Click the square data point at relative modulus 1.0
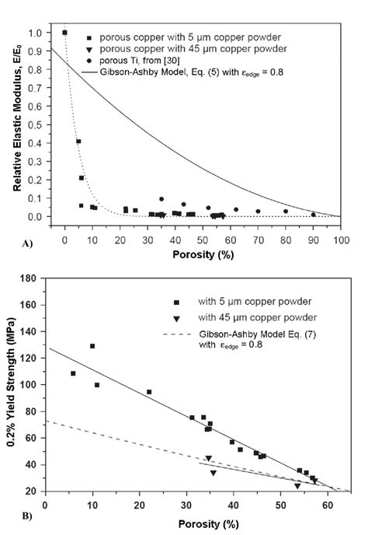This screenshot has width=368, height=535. [64, 33]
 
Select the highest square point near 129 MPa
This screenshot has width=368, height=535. [92, 346]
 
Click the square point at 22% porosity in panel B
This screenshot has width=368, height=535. [149, 392]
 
